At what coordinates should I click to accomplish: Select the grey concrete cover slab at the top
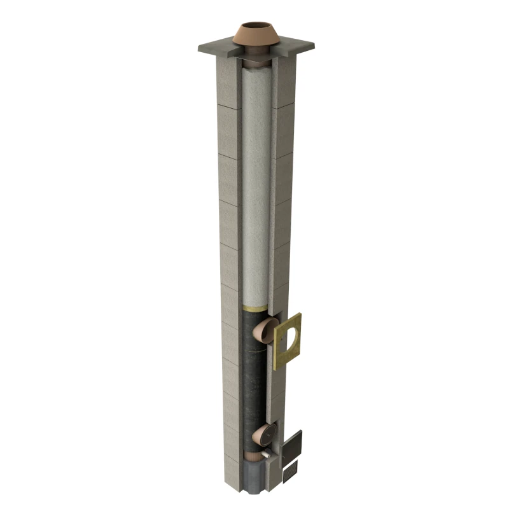point(216,48)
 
